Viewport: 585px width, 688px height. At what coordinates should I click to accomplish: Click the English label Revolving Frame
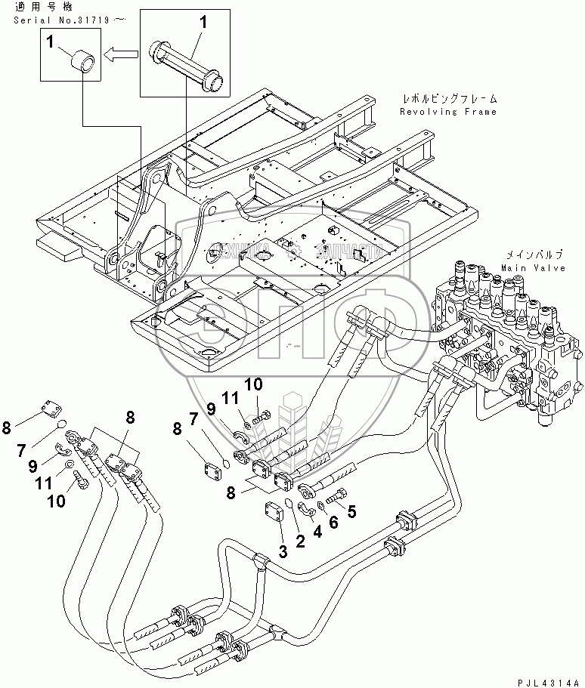coord(448,112)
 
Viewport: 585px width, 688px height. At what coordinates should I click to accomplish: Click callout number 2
coord(300,541)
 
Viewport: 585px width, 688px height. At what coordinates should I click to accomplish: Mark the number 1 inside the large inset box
coord(202,24)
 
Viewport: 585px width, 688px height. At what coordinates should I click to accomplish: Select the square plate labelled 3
coord(274,514)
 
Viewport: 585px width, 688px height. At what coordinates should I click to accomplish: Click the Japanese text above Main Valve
coord(532,257)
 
